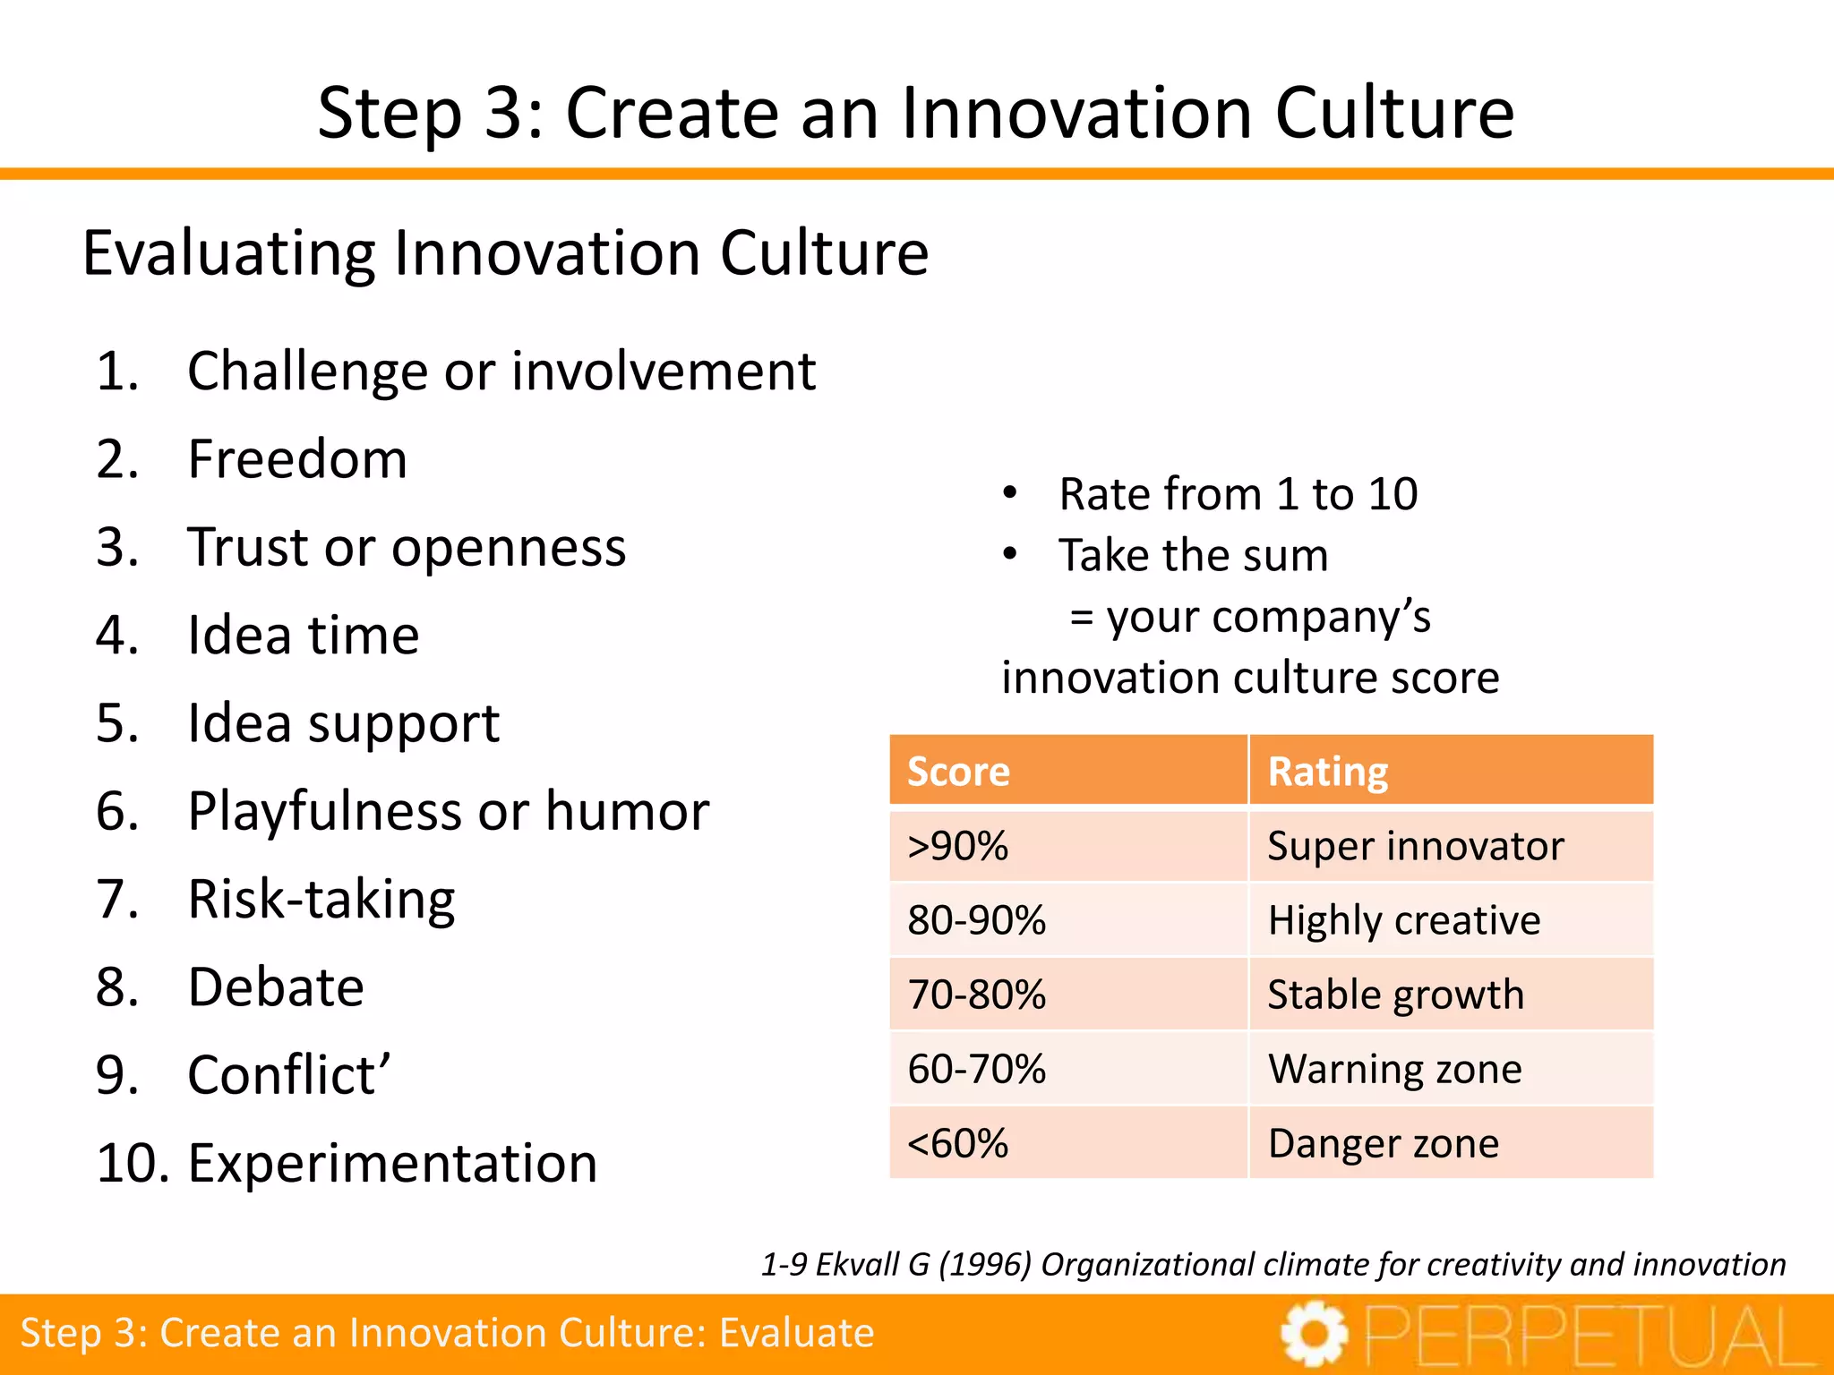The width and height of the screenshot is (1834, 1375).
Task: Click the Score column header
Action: pos(958,772)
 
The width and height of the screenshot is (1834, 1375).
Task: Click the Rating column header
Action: pos(1328,772)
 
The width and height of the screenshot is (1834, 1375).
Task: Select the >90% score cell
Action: pos(958,846)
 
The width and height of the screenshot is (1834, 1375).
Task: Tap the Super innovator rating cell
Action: pos(1416,846)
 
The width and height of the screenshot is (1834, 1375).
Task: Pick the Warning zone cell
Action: pos(1394,1069)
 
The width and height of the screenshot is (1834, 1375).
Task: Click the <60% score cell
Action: pos(958,1143)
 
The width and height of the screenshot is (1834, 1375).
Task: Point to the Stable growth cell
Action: pos(1395,995)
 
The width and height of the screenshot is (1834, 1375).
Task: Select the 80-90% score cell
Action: pos(976,920)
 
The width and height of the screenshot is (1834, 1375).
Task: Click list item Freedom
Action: pos(297,459)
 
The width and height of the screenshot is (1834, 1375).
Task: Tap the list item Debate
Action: pos(276,987)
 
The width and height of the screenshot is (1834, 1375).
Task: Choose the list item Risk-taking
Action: pos(321,900)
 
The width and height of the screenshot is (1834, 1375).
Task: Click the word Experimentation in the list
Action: pos(392,1164)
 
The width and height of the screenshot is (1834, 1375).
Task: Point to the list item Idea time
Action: pos(304,636)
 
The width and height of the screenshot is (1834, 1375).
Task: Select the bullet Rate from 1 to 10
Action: pos(1238,494)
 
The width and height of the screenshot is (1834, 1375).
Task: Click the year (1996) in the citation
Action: pos(985,1265)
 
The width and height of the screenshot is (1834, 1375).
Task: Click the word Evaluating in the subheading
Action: pos(228,253)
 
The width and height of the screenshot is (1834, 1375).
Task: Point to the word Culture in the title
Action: pos(1394,114)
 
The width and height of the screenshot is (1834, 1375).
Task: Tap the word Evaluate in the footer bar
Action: pos(796,1333)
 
